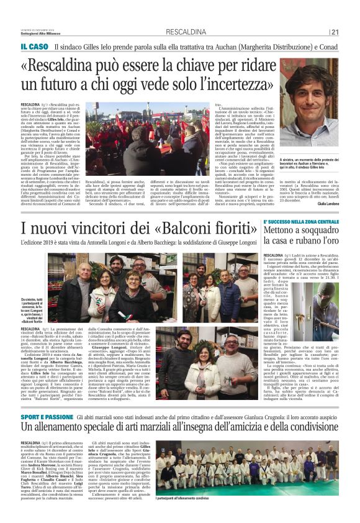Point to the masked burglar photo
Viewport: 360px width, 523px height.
323,298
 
